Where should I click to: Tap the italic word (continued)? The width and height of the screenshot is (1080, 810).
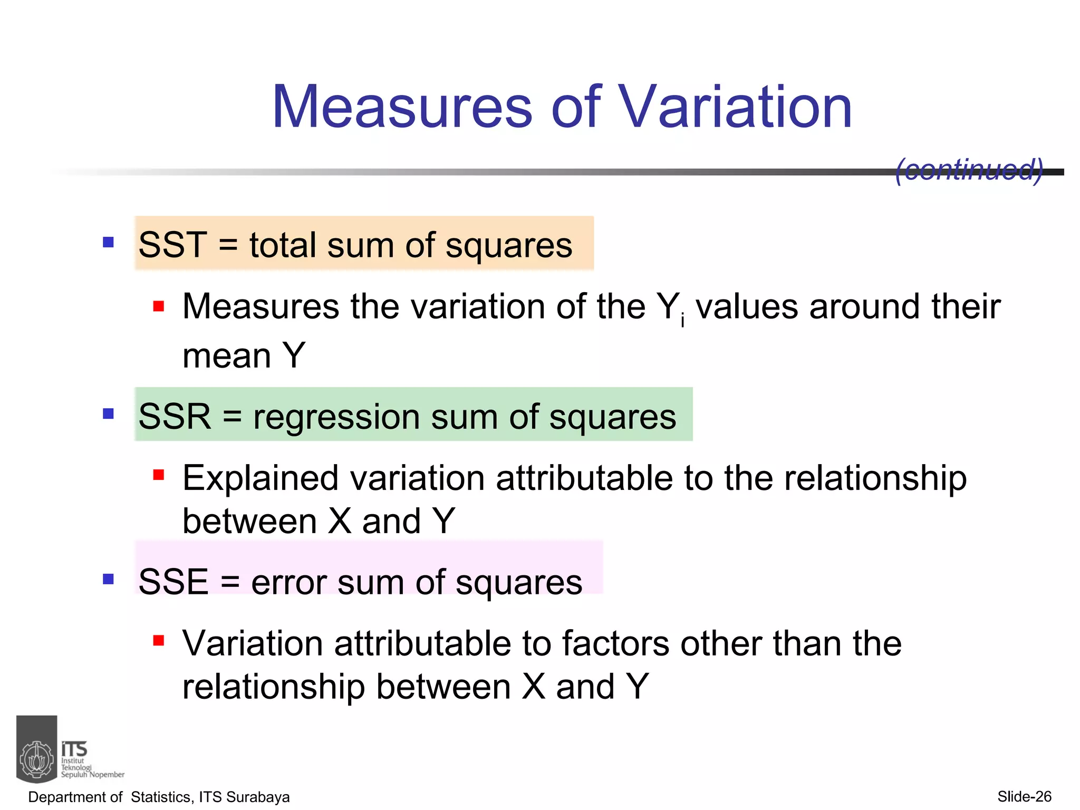tap(969, 170)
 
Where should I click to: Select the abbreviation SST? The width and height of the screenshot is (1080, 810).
tap(172, 245)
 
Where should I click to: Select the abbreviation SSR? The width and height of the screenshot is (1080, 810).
tap(175, 417)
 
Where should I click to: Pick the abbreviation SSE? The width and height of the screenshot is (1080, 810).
tap(173, 582)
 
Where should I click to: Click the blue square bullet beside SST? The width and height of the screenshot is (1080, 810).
tap(109, 243)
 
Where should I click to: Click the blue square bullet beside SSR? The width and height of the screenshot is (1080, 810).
tap(109, 413)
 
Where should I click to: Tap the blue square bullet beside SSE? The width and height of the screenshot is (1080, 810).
tap(109, 580)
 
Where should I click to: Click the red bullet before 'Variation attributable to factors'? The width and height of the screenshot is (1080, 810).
tap(158, 641)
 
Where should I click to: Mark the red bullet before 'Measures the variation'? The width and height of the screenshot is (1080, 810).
tap(158, 306)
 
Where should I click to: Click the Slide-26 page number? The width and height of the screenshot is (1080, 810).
tap(1024, 797)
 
